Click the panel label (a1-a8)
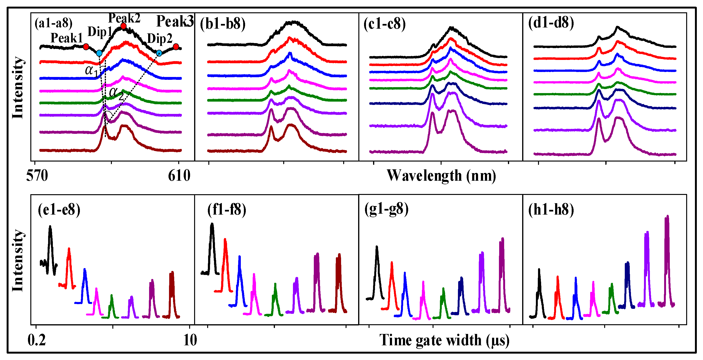coord(54,23)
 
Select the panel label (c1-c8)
coord(384,24)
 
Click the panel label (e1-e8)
coord(59,210)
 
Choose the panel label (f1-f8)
coord(227,210)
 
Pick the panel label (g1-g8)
coord(386,209)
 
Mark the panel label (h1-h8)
coord(551,210)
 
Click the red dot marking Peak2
coord(123,26)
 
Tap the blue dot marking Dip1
coord(99,53)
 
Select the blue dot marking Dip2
coord(159,53)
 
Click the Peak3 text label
coord(175,21)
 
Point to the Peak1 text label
coord(67,38)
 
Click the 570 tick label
coord(37,176)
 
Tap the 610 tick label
coord(179,176)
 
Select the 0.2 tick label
coord(37,340)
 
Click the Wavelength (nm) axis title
coord(441,176)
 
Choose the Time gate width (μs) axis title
coord(444,340)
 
